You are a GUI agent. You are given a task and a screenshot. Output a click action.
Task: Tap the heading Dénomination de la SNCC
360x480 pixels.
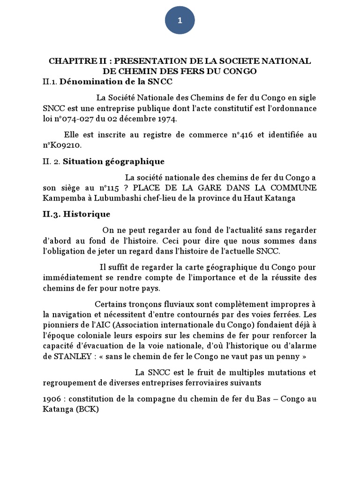coord(116,82)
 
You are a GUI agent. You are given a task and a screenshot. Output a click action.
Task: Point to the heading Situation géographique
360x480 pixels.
coord(114,162)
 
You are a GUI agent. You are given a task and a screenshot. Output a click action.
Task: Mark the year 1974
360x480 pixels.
coord(166,119)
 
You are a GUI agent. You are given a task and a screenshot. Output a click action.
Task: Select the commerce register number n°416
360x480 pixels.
coord(243,135)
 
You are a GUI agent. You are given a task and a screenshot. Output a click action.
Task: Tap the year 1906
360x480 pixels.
coord(52,399)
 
